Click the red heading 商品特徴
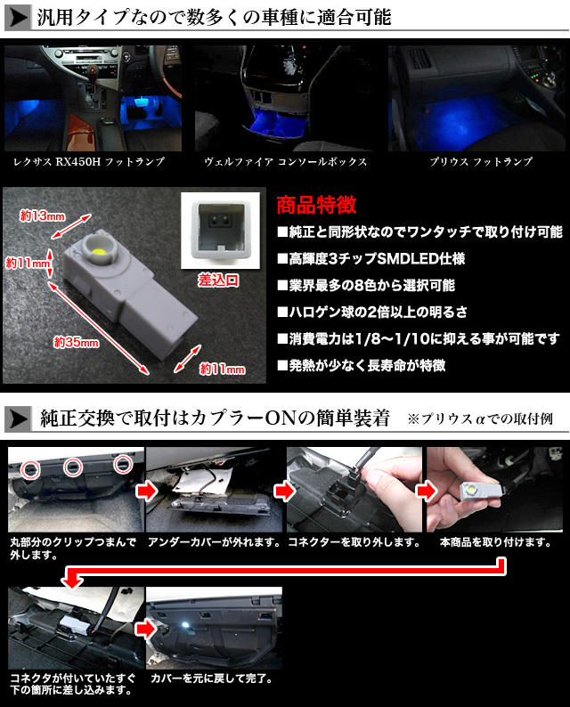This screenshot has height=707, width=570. pyautogui.click(x=316, y=205)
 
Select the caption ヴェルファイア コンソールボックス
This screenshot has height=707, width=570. pyautogui.click(x=285, y=162)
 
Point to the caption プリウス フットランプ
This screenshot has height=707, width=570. pyautogui.click(x=479, y=162)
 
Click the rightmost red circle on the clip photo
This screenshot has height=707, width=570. pyautogui.click(x=123, y=463)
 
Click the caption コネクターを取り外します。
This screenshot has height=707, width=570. pyautogui.click(x=353, y=541)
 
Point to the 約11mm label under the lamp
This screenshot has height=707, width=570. pyautogui.click(x=221, y=368)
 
